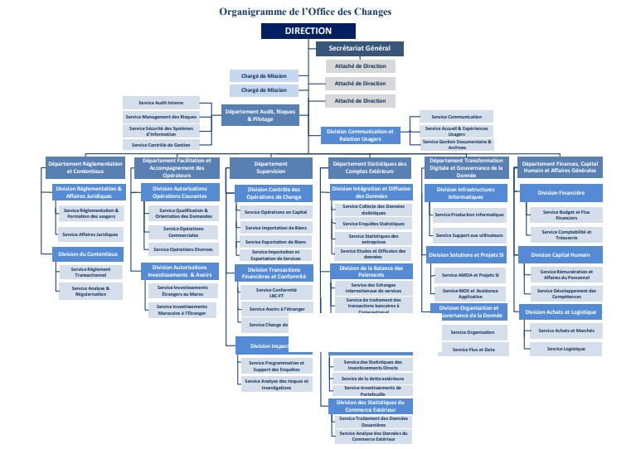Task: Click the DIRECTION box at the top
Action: point(308,31)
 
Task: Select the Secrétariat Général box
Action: point(359,49)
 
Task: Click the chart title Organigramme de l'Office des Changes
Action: point(305,12)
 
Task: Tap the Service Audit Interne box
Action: point(161,103)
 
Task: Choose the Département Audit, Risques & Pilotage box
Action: point(260,114)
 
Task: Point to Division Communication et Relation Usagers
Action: point(360,134)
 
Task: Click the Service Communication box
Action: point(456,117)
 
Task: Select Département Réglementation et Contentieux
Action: point(85,168)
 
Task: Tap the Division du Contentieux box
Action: point(89,253)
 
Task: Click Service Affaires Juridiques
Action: point(90,234)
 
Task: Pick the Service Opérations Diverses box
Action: point(182,249)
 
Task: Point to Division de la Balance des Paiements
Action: point(371,271)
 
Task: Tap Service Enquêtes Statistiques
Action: point(373,224)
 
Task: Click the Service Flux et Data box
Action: point(473,350)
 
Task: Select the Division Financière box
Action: point(560,192)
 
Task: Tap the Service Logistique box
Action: point(566,349)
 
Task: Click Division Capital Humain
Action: point(561,254)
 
